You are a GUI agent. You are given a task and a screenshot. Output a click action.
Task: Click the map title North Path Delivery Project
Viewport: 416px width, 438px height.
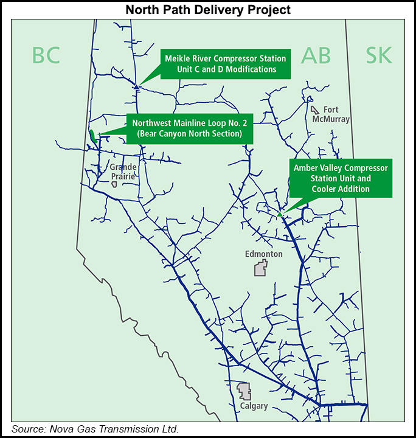tap(207, 9)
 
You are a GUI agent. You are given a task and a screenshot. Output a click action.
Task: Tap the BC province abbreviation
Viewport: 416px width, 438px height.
tap(46, 55)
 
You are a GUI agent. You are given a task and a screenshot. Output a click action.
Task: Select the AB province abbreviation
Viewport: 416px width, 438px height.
tap(316, 55)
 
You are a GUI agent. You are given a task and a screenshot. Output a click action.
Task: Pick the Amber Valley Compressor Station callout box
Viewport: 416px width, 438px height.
tap(341, 178)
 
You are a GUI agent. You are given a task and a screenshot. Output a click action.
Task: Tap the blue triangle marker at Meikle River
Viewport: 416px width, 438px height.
tap(136, 88)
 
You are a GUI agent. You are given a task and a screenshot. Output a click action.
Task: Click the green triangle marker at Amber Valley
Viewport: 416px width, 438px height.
tap(279, 214)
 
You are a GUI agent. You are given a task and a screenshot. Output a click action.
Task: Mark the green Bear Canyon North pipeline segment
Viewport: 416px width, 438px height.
tap(92, 137)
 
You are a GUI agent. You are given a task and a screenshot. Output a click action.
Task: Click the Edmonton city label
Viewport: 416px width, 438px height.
tap(263, 254)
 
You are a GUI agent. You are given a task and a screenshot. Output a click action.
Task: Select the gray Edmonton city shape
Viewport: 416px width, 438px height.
tap(262, 268)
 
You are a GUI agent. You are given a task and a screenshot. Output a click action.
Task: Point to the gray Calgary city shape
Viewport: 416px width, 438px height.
tap(244, 391)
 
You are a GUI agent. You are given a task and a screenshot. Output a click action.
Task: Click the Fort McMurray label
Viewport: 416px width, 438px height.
tap(331, 114)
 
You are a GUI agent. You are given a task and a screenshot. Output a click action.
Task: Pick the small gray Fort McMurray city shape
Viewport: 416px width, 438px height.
tap(314, 109)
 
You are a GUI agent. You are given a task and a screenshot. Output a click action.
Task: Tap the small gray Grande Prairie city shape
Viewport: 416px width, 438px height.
tap(114, 183)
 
